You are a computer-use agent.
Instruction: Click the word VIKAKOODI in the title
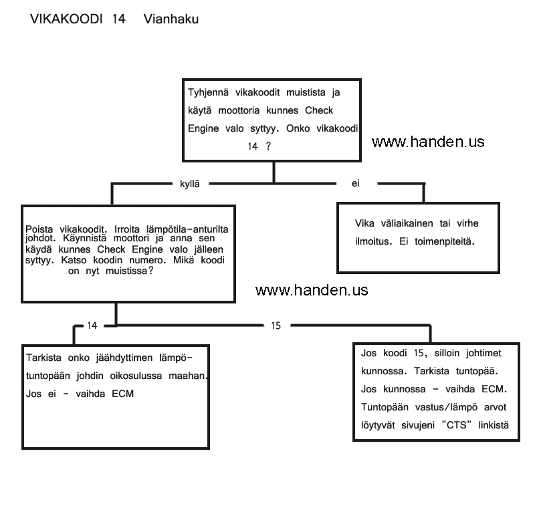click(x=66, y=19)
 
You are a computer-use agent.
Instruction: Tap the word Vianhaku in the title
click(x=171, y=19)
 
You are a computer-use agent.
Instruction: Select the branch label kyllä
click(x=191, y=183)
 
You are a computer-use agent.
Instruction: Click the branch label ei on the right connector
click(x=356, y=183)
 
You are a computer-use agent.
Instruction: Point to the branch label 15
click(x=276, y=326)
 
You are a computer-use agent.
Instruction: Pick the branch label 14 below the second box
click(x=92, y=326)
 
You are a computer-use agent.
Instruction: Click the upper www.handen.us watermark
click(x=428, y=142)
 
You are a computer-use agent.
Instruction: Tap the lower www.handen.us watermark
click(x=312, y=290)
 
